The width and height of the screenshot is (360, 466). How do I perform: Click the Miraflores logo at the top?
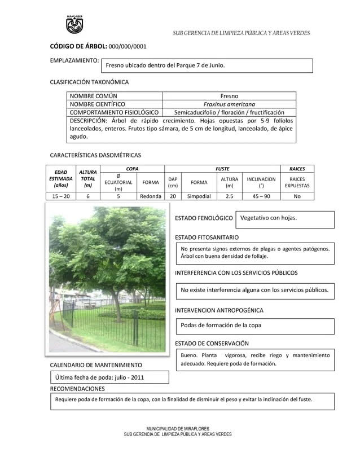click(x=74, y=24)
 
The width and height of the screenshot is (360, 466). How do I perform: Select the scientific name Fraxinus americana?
click(x=229, y=104)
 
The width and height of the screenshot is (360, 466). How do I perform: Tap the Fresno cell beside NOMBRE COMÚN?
click(x=229, y=96)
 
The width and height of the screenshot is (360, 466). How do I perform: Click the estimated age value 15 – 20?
click(x=61, y=196)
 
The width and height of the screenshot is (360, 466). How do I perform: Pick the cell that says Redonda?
click(x=151, y=196)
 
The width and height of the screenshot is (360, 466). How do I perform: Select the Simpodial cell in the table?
click(x=199, y=196)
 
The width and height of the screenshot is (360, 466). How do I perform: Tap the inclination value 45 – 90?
click(x=261, y=196)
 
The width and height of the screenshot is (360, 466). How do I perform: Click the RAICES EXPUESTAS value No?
click(x=297, y=196)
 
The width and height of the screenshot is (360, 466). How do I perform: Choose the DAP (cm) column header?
click(x=173, y=182)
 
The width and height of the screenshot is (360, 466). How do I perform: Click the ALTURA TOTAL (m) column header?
click(x=87, y=178)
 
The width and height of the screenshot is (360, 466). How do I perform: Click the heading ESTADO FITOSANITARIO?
click(x=207, y=238)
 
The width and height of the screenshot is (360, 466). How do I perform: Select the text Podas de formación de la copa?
click(x=221, y=326)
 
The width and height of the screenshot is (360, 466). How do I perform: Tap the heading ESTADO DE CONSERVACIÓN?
click(x=212, y=344)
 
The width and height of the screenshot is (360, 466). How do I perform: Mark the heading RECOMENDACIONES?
click(x=77, y=389)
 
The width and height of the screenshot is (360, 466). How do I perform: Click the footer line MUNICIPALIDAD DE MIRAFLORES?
click(x=177, y=429)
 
